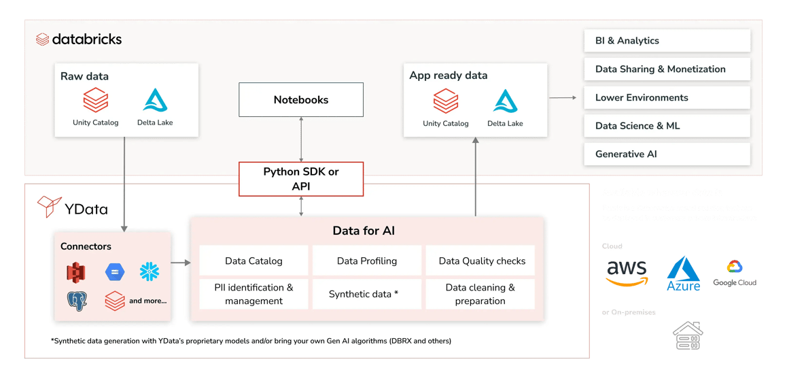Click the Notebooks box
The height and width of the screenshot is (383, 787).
pyautogui.click(x=300, y=100)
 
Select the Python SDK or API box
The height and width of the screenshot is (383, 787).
pyautogui.click(x=300, y=179)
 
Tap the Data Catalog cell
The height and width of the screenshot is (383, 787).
pyautogui.click(x=253, y=261)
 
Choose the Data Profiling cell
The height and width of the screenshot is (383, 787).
pyautogui.click(x=367, y=261)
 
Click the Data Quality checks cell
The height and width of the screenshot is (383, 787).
pyautogui.click(x=481, y=261)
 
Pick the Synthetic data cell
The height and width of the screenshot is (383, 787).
pyautogui.click(x=363, y=294)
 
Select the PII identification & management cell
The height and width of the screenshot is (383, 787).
pyautogui.click(x=253, y=294)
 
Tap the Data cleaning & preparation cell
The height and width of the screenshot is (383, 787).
pyautogui.click(x=480, y=294)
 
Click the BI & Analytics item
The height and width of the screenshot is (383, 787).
pyautogui.click(x=667, y=41)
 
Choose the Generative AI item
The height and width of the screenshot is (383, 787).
pyautogui.click(x=667, y=154)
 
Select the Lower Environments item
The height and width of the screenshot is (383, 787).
pyautogui.click(x=667, y=97)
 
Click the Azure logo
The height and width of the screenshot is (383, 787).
pyautogui.click(x=683, y=274)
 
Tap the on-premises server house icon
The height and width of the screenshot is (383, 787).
pyautogui.click(x=687, y=336)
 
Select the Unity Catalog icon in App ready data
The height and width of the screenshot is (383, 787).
pyautogui.click(x=446, y=102)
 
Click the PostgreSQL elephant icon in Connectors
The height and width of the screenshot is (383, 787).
pyautogui.click(x=77, y=301)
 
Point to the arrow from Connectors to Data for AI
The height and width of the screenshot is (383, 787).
pyautogui.click(x=180, y=262)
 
